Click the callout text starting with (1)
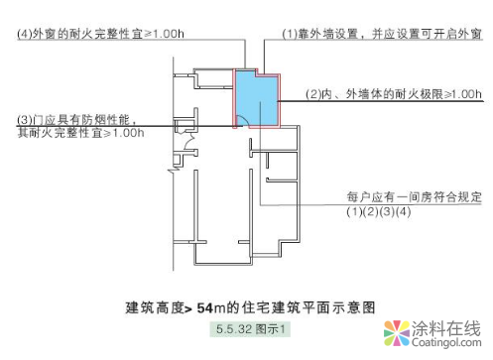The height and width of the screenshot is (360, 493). pos(382,34)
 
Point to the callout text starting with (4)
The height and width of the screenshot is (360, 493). pos(99,34)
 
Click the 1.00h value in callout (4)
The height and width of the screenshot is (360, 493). pos(164,34)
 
